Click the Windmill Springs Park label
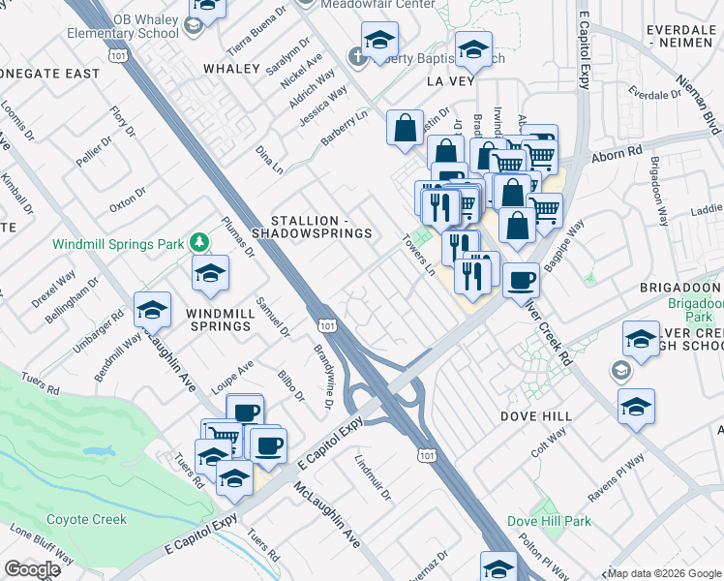pos(117,244)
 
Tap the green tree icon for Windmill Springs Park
pos(198,241)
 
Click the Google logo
pos(32,569)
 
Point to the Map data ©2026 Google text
pos(664,573)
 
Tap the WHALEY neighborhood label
pos(232,69)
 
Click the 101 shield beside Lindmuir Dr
pos(427,454)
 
